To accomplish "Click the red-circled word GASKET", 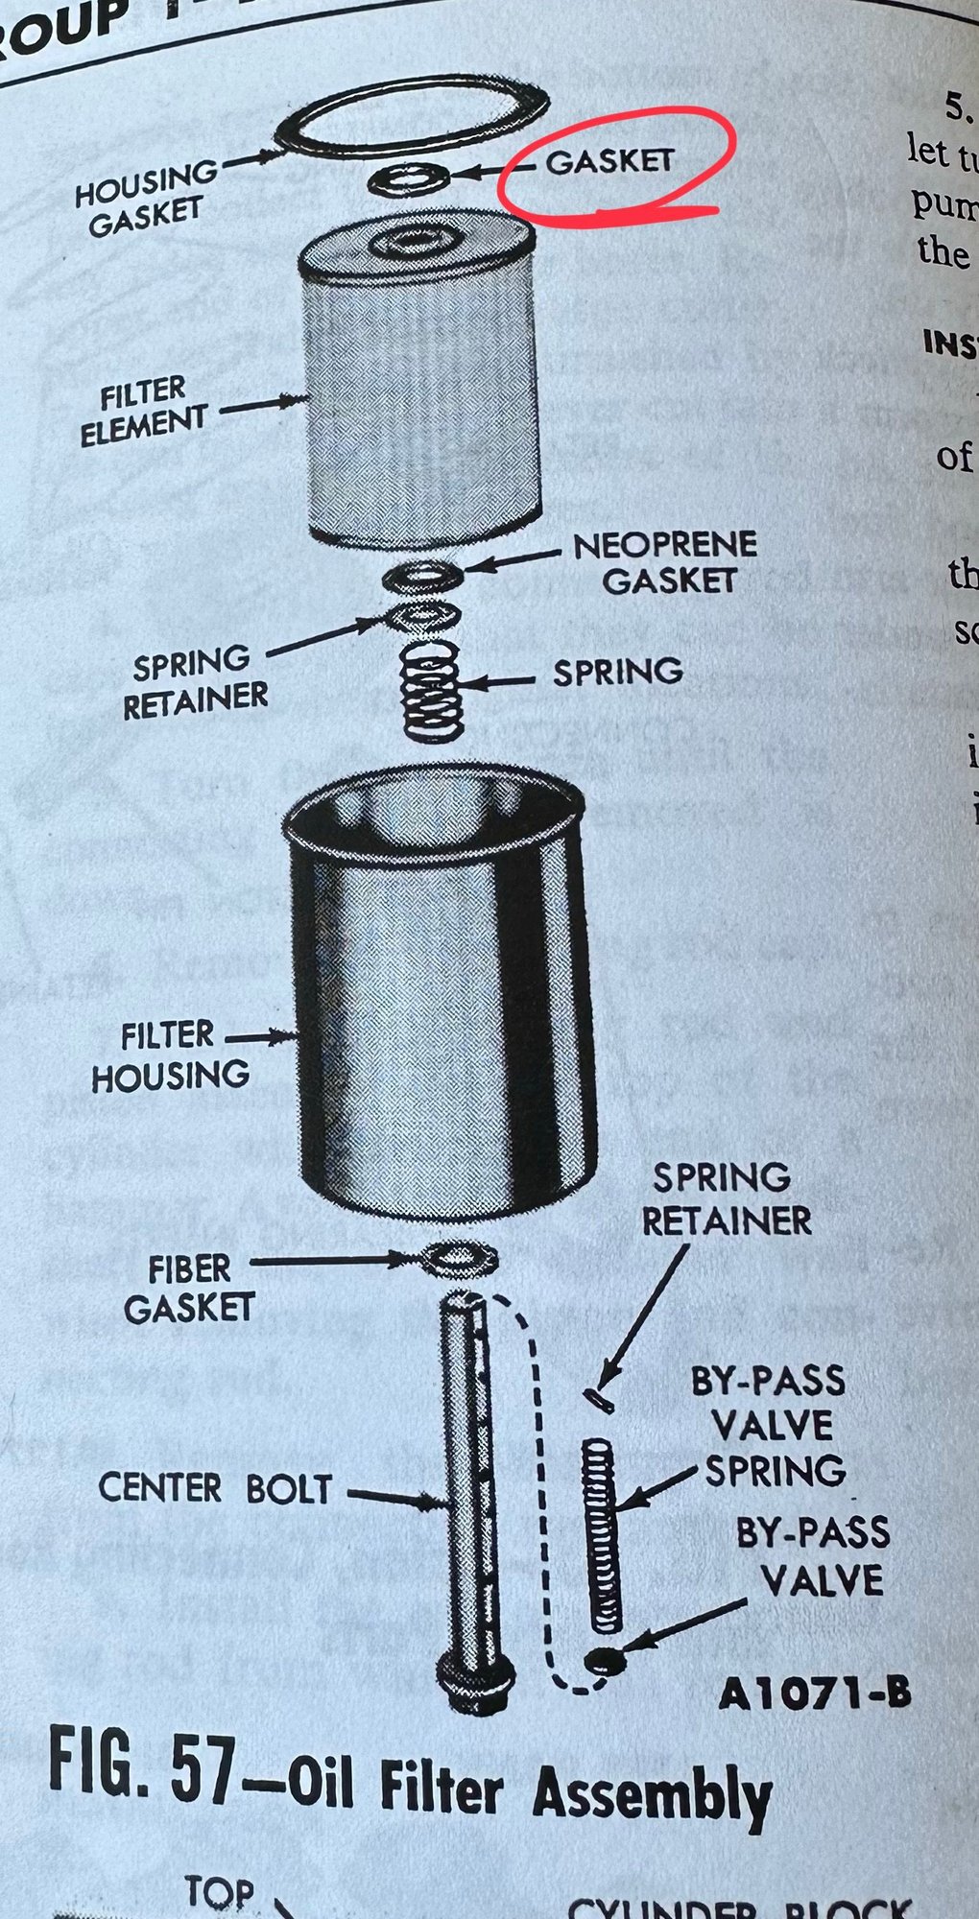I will (610, 161).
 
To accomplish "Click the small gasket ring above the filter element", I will (409, 178).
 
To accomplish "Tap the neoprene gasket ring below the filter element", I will (422, 578).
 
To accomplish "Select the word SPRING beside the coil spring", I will (617, 672).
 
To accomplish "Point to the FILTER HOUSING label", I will (169, 1055).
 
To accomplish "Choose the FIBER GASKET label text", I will (188, 1289).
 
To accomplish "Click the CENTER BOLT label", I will (215, 1488).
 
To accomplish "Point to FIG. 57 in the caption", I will (142, 1765).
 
